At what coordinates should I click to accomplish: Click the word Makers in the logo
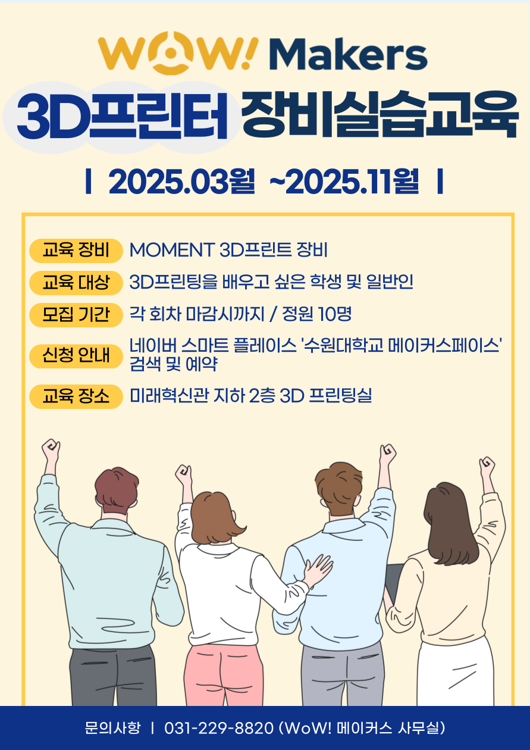(x=348, y=54)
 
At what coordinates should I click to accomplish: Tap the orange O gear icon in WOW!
(x=170, y=53)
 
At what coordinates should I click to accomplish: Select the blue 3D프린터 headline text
(x=123, y=116)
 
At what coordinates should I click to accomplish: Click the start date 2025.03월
(x=181, y=181)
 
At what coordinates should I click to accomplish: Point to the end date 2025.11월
(x=352, y=181)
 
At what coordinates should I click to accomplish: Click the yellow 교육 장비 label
(x=76, y=251)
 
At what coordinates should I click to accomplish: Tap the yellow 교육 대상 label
(x=76, y=283)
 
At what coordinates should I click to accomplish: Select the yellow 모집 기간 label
(x=76, y=315)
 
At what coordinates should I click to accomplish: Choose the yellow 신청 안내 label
(x=76, y=356)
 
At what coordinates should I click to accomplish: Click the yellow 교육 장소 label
(x=76, y=396)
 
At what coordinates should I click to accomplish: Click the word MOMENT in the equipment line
(x=172, y=250)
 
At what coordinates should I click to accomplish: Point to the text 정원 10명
(x=317, y=314)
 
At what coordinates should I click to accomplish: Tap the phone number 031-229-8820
(x=219, y=727)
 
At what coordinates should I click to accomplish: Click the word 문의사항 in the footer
(x=112, y=727)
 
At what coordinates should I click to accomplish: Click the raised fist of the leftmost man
(x=51, y=449)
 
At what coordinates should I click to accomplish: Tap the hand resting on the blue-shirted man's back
(x=317, y=568)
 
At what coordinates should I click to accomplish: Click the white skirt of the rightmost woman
(x=455, y=673)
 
